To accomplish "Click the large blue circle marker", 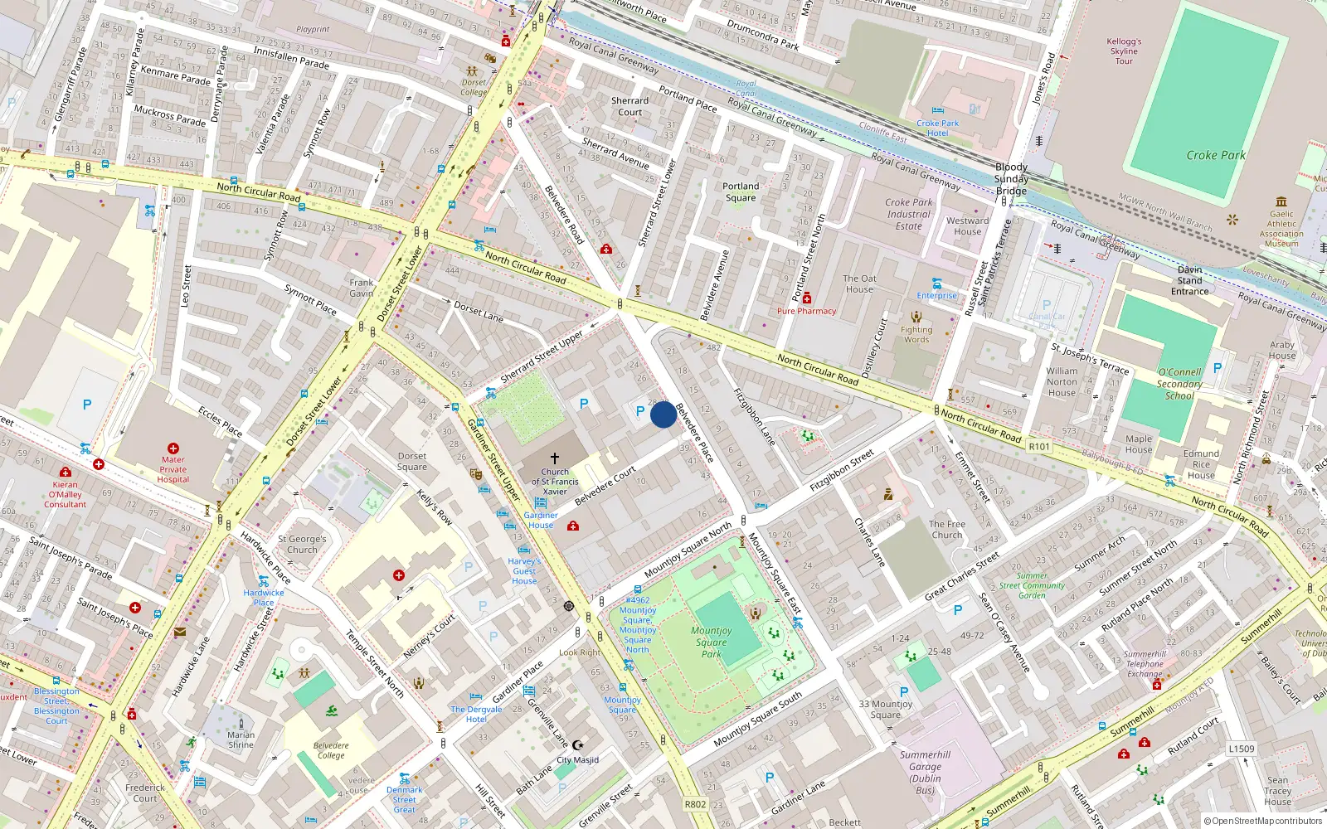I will (x=663, y=414).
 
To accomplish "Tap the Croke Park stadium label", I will (x=1215, y=155).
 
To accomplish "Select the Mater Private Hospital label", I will (x=173, y=469).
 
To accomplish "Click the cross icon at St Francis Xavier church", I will (x=555, y=458).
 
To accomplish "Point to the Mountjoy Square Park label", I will (x=711, y=642).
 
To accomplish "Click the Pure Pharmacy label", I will (x=806, y=311).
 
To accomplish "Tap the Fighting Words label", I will (x=916, y=334).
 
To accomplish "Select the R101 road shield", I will (x=1039, y=446).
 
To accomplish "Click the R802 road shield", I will (x=695, y=804).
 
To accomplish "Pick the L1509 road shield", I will (x=1241, y=749).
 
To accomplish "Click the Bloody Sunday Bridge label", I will (x=1011, y=179).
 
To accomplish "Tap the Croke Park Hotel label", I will (x=937, y=128).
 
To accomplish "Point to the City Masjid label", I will (x=577, y=759).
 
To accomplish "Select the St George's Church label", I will (x=302, y=544).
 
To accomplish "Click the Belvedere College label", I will (x=330, y=750).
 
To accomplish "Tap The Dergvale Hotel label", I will (x=476, y=714).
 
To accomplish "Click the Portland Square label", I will (x=741, y=191).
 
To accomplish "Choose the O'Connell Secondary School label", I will (x=1179, y=384).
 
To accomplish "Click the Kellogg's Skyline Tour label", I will (x=1124, y=51).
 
